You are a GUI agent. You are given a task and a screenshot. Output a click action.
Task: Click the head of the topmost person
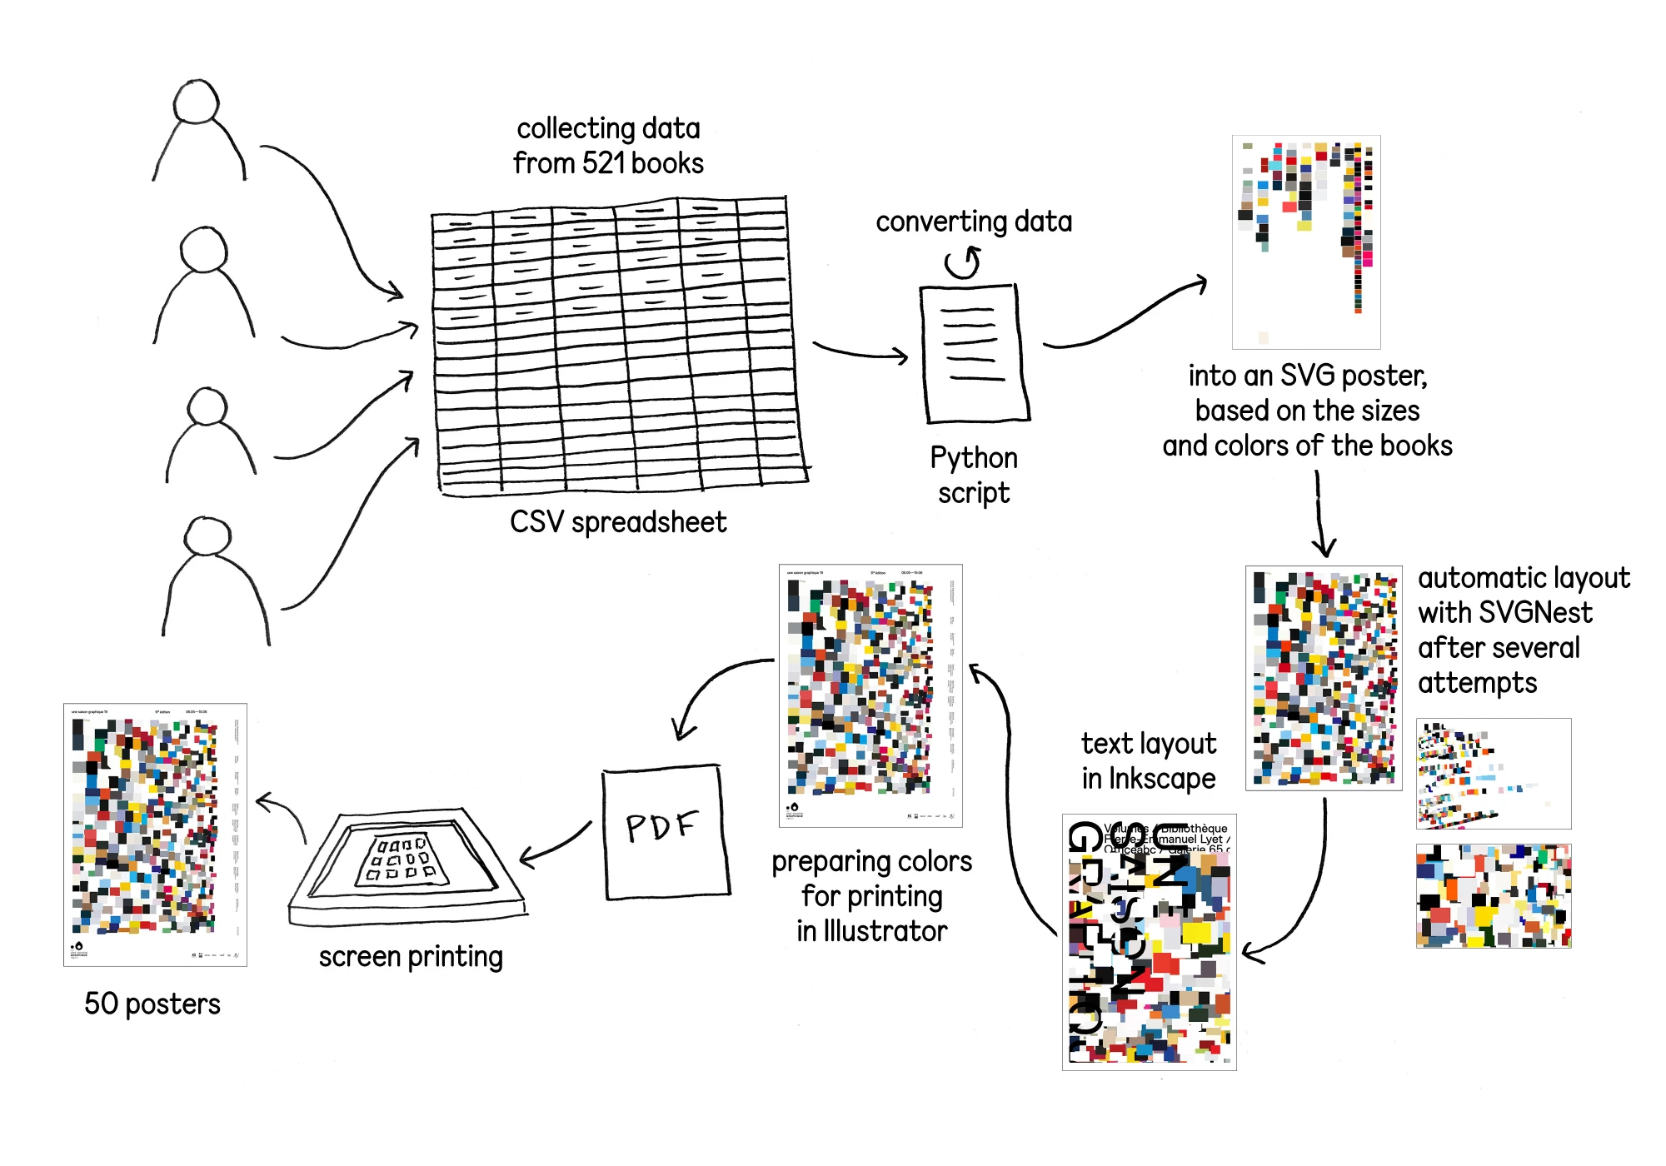[196, 102]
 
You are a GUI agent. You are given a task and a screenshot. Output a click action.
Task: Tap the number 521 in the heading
[605, 163]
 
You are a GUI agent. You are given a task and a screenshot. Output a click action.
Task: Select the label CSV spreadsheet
[617, 522]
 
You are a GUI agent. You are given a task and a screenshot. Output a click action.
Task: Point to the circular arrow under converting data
[963, 263]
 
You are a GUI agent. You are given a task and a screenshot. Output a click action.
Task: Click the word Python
[973, 458]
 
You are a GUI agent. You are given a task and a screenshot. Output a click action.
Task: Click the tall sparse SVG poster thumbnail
[1305, 242]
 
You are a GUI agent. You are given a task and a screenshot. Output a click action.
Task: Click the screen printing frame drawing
[407, 866]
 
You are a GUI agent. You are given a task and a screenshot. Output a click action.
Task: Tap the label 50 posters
[152, 1004]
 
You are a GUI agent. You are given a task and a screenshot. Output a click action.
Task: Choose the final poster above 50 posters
[155, 834]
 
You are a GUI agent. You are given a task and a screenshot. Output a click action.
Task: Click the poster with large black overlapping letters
[1149, 941]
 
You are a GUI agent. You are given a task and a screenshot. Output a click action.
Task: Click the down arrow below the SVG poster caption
[1320, 512]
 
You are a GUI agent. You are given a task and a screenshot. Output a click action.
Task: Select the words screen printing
[411, 957]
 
